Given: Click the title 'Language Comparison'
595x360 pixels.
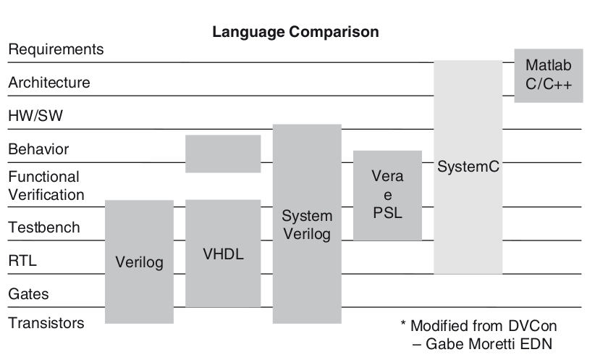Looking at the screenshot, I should (295, 33).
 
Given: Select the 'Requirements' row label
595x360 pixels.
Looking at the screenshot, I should (56, 50).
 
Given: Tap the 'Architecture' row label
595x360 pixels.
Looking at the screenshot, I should (49, 83).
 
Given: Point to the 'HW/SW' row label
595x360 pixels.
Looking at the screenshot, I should (34, 116).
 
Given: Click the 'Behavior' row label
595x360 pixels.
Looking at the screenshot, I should (38, 149).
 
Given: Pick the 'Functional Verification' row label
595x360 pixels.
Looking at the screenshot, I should (46, 185).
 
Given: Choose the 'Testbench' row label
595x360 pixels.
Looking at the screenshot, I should (44, 228).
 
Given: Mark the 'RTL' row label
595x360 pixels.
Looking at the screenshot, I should (22, 261).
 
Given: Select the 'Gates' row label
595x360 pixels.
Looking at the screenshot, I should (28, 295).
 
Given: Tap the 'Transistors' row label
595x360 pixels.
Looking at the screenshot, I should (46, 323).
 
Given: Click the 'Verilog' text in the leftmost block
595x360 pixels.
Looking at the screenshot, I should (139, 262).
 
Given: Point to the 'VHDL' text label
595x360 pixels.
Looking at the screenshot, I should (223, 255).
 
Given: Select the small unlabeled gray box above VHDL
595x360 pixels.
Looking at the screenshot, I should (223, 154).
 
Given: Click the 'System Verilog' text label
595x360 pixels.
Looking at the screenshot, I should (306, 225).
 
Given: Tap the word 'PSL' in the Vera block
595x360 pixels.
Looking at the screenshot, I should (387, 214).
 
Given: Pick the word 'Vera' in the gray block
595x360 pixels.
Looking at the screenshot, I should (387, 177).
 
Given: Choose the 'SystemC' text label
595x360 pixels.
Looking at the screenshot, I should (468, 167).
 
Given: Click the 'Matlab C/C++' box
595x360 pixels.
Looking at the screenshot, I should (549, 75).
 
